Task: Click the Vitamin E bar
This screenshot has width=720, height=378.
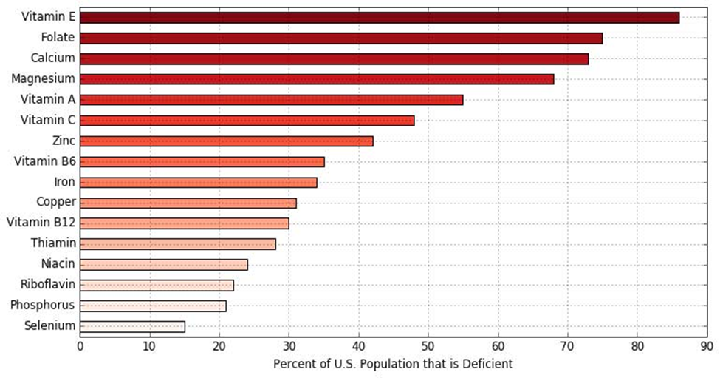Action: pyautogui.click(x=380, y=17)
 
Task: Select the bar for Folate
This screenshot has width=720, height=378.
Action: pyautogui.click(x=341, y=38)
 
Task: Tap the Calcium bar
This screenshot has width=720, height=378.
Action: pyautogui.click(x=334, y=58)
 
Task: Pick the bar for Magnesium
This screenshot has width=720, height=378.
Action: pyautogui.click(x=317, y=79)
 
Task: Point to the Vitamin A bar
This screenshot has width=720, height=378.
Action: pyautogui.click(x=271, y=99)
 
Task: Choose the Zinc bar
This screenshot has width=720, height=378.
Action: pyautogui.click(x=227, y=141)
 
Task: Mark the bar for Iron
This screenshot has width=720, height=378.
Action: pyautogui.click(x=199, y=182)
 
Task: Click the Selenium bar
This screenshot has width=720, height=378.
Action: pyautogui.click(x=132, y=326)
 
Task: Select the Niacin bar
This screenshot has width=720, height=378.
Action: pyautogui.click(x=164, y=264)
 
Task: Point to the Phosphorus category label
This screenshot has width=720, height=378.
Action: pyautogui.click(x=43, y=306)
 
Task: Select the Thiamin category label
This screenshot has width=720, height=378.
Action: pyautogui.click(x=53, y=243)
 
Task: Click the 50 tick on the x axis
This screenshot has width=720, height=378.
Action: pyautogui.click(x=428, y=345)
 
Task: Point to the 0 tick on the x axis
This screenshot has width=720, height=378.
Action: pyautogui.click(x=80, y=345)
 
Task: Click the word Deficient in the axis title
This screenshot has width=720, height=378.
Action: pyautogui.click(x=487, y=364)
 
